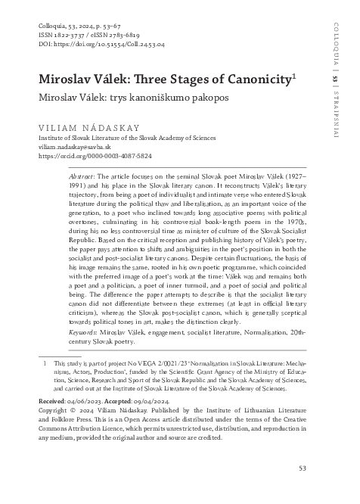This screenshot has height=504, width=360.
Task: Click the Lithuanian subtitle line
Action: click(x=121, y=98)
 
